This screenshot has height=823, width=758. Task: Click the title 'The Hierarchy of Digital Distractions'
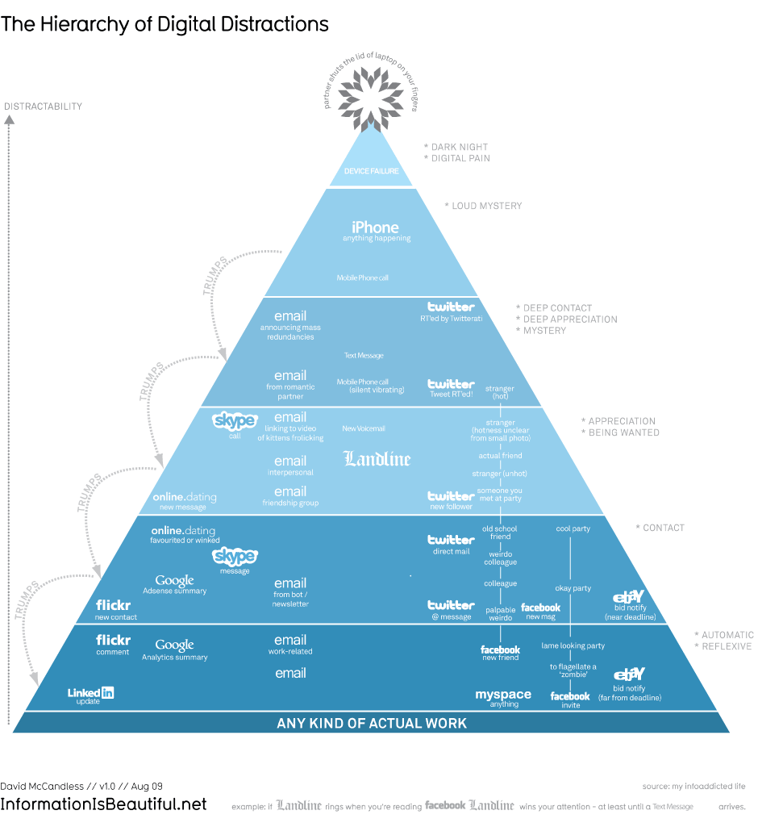coord(165,24)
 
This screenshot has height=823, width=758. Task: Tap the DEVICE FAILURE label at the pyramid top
coord(371,171)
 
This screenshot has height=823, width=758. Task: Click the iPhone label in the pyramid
coord(375,228)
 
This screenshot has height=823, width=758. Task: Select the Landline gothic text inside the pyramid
coord(377,459)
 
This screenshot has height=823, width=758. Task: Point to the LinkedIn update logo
coord(90,692)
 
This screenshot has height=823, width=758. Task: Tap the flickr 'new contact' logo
coord(113,605)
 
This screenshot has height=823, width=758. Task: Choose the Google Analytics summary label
coord(174,645)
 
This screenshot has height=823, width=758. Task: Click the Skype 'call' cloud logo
coord(235,420)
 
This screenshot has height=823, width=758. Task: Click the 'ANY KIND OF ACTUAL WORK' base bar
coord(372,723)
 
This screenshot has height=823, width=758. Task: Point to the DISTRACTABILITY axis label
coord(44,107)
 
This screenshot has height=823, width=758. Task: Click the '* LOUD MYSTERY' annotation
coord(483,206)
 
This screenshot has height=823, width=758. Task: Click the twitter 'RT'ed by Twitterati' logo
coord(451,307)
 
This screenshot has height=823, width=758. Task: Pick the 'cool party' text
coord(573,529)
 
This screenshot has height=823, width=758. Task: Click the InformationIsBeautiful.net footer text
coord(103,804)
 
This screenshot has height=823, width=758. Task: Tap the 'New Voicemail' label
coord(364,428)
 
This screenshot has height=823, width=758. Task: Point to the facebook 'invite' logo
coord(570,696)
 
